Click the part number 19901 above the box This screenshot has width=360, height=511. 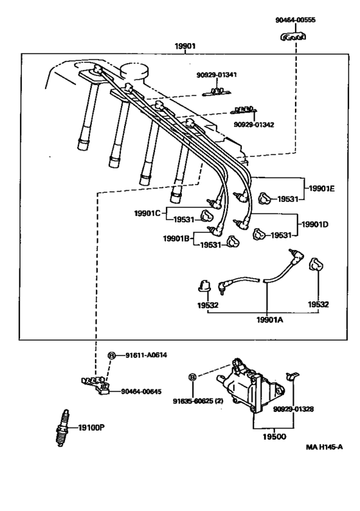(185, 46)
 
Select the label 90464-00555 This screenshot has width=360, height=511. (295, 20)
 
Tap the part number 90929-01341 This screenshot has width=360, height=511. (217, 75)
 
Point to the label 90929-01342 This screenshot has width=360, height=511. (254, 125)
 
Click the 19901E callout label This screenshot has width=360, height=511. (321, 188)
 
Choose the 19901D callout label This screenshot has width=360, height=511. (315, 224)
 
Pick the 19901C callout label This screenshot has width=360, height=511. (147, 213)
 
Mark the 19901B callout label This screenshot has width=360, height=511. (176, 238)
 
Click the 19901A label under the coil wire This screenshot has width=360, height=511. (270, 319)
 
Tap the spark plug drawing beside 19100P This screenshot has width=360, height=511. (62, 428)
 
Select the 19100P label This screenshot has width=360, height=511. (91, 427)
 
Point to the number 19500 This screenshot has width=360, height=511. (274, 436)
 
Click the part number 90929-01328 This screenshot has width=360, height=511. (294, 409)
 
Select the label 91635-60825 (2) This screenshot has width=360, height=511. (198, 401)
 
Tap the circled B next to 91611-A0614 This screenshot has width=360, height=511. (111, 355)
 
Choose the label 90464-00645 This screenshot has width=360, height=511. (141, 391)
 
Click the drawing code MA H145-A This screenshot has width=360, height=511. (324, 447)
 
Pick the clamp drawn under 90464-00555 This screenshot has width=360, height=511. (294, 37)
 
